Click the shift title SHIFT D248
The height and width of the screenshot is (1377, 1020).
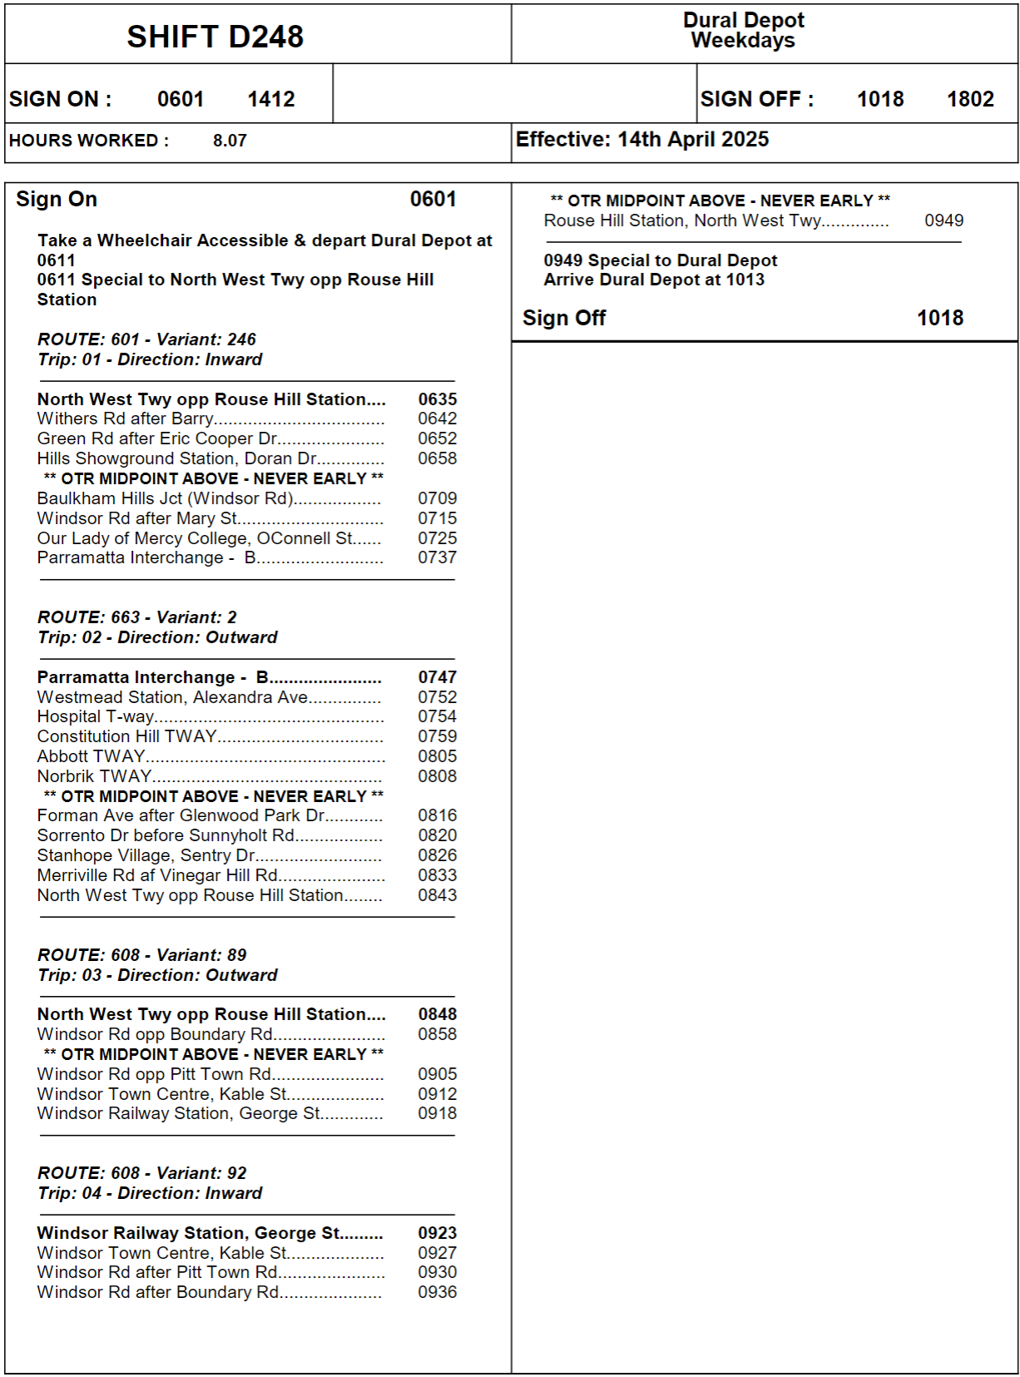[215, 37]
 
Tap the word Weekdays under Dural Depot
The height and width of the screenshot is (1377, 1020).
[743, 41]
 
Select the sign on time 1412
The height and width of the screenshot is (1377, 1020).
[271, 99]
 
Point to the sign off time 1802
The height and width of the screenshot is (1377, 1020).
[970, 99]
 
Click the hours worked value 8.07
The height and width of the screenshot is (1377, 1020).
[230, 141]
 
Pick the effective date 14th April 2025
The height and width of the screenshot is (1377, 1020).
[693, 140]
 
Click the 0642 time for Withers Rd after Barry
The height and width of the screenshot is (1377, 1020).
[438, 419]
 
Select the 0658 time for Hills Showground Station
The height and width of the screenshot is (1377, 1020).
[438, 458]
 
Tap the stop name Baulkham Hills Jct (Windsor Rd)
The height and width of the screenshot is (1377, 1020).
[166, 498]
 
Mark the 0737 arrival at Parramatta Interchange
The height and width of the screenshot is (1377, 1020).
[438, 557]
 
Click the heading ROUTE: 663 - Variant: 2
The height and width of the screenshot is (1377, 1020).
[137, 617]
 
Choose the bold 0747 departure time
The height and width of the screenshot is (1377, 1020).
[438, 677]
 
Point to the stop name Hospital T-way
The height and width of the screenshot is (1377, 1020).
[96, 716]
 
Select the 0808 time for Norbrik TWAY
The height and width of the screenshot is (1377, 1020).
[438, 776]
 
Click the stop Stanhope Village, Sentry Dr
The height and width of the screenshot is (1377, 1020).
[146, 855]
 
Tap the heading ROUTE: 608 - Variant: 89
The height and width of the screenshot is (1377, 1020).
[142, 955]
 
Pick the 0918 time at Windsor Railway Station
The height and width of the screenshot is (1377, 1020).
[438, 1113]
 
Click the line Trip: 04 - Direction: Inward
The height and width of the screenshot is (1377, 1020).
[150, 1193]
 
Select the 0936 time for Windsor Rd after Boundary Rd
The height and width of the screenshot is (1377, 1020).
[438, 1292]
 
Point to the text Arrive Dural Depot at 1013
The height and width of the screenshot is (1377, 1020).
[654, 280]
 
